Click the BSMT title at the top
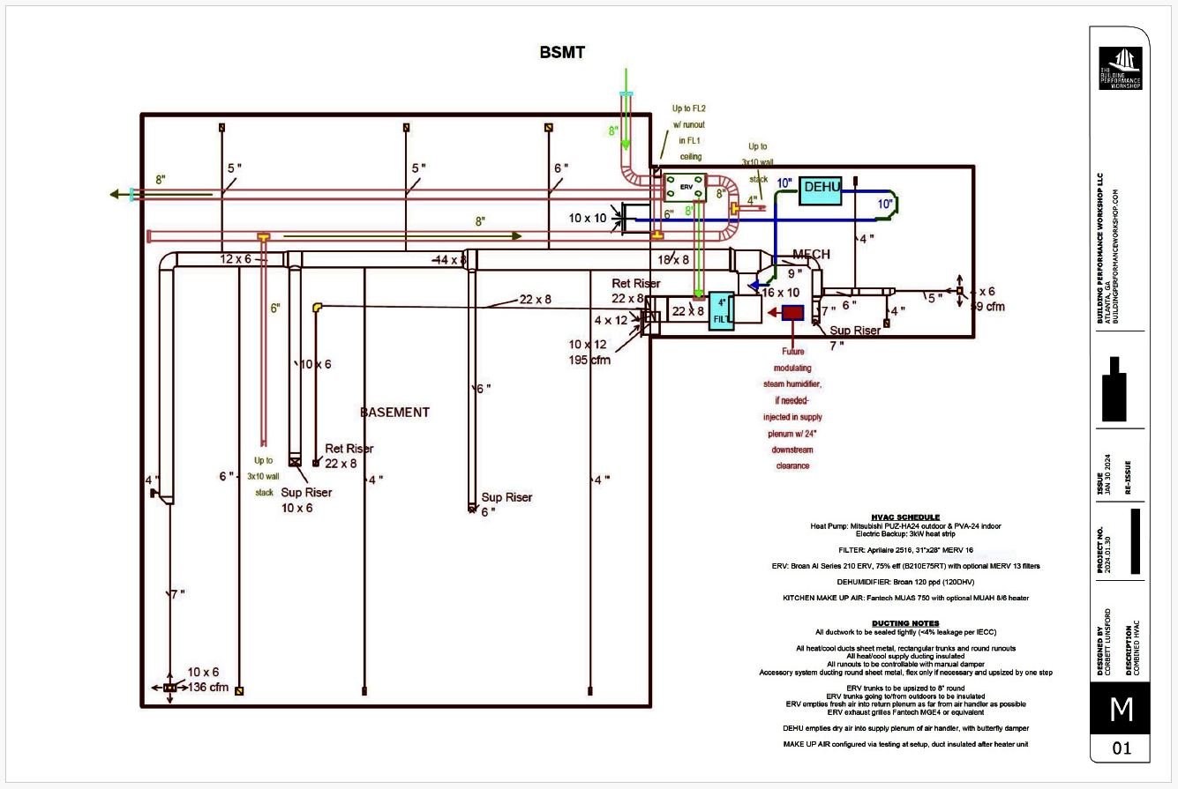tap(562, 53)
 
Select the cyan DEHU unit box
tap(820, 190)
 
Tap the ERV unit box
tap(684, 187)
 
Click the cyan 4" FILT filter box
tap(721, 309)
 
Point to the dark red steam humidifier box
tap(792, 312)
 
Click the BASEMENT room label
tap(394, 412)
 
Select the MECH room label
tap(810, 255)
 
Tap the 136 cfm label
tap(207, 687)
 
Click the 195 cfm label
tap(589, 360)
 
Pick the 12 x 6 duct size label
tap(236, 259)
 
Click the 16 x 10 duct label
tap(781, 292)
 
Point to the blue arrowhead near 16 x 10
tap(752, 285)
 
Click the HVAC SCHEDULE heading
tap(905, 517)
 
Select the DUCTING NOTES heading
tap(905, 623)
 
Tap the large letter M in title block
tap(1121, 710)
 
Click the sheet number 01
tap(1121, 749)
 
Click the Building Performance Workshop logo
tap(1120, 68)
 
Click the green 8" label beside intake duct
tap(612, 131)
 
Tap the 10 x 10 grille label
tap(588, 217)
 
